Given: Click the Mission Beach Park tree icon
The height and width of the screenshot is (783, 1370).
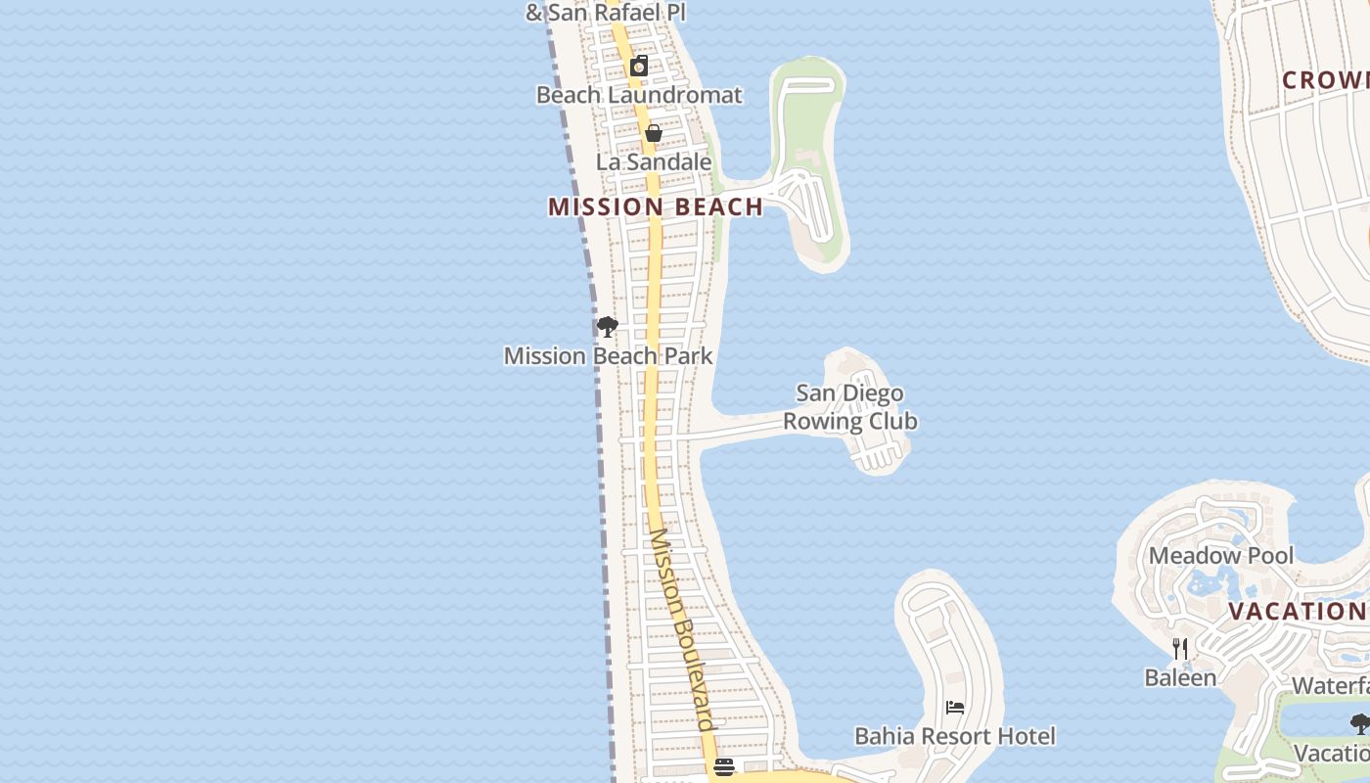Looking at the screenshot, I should pos(608,327).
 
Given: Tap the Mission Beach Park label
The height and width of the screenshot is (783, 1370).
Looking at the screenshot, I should pos(609,356).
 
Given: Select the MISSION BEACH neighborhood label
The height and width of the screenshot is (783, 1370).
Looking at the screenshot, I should pos(656,207).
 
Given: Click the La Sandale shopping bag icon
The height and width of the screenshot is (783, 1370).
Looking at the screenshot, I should pos(654,133).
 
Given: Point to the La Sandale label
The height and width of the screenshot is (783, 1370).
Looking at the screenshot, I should pos(654,161).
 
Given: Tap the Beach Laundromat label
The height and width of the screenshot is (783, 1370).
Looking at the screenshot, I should pos(639,95).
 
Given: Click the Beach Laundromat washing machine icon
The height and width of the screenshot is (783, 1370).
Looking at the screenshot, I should pos(639,66).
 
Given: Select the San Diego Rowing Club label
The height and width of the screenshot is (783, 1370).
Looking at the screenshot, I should pos(849,407).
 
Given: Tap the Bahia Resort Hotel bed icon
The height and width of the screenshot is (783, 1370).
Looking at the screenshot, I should pos(955,708).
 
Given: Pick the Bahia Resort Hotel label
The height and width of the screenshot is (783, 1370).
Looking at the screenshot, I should pos(955,736).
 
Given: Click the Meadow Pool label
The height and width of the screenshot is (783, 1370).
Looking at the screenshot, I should pos(1221,556).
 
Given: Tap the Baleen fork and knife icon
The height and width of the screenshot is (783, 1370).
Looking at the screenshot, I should pos(1180,649).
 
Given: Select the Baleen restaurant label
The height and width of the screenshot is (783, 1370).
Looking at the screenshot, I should pos(1180,677).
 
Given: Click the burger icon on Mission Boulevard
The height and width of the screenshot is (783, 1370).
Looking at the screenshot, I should pos(724,767).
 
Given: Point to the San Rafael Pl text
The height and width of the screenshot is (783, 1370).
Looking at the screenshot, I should pos(605,13).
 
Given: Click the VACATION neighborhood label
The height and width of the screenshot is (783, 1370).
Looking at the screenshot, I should pos(1297,612).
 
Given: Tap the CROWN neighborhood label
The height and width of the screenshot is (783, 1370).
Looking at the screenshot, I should pos(1326,80).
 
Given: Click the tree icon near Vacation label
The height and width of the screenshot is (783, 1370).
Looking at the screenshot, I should pos(1359,724).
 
